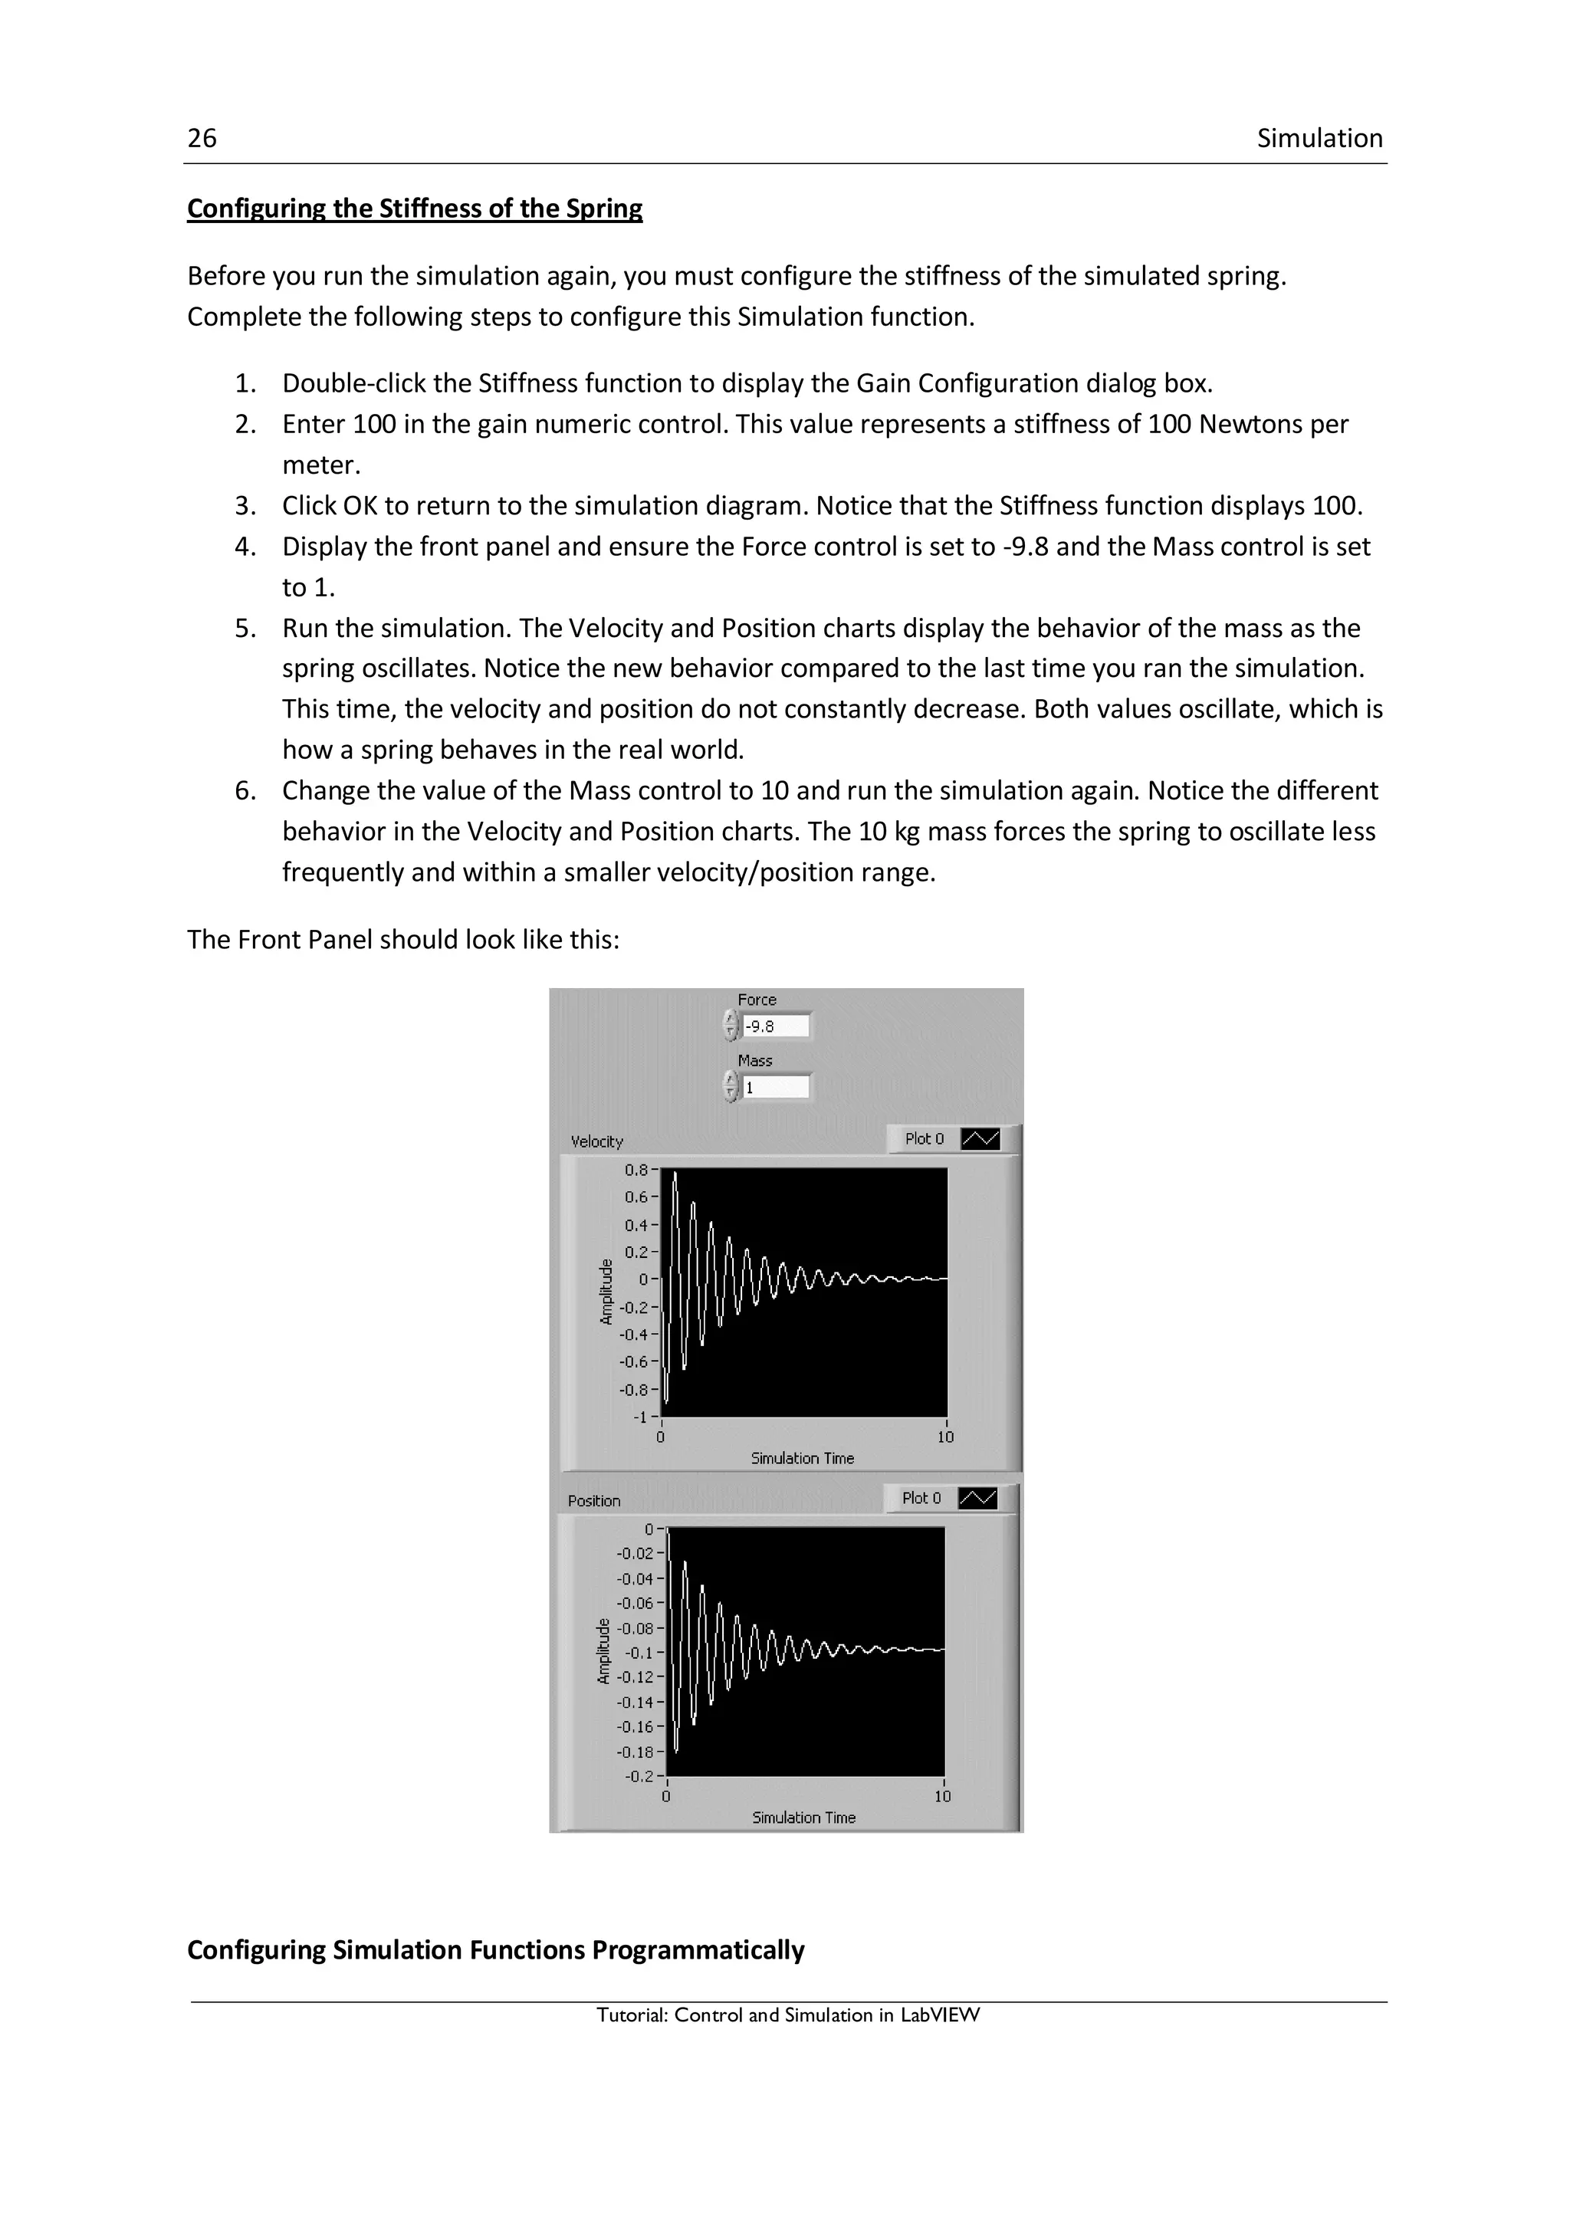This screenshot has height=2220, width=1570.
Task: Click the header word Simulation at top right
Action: (x=1319, y=138)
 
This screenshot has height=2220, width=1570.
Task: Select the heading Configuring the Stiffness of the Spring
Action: (x=414, y=209)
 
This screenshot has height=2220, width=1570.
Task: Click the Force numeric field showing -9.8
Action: (x=775, y=1026)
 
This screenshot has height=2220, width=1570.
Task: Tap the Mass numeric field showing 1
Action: (x=775, y=1088)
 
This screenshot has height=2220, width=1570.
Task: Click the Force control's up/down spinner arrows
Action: (x=731, y=1026)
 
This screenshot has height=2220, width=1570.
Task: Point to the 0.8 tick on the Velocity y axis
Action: (x=636, y=1170)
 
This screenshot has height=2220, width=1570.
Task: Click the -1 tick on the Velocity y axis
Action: (x=640, y=1417)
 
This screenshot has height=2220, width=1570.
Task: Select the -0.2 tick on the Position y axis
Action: (x=639, y=1776)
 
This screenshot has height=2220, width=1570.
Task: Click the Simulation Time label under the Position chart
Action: (x=803, y=1818)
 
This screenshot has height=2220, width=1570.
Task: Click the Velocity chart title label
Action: (x=596, y=1142)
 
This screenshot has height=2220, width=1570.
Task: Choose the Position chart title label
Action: (x=593, y=1501)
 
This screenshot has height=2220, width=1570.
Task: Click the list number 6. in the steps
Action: (x=245, y=791)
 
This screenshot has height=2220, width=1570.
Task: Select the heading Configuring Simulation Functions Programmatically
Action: (x=495, y=1950)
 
